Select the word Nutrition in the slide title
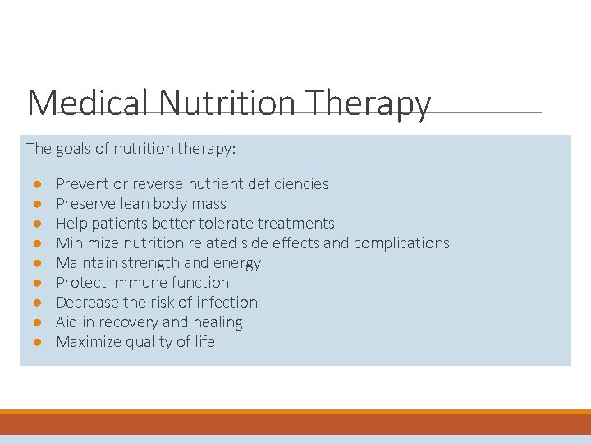227,104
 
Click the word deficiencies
287,184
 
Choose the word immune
142,283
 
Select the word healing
218,322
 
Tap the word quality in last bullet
150,342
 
